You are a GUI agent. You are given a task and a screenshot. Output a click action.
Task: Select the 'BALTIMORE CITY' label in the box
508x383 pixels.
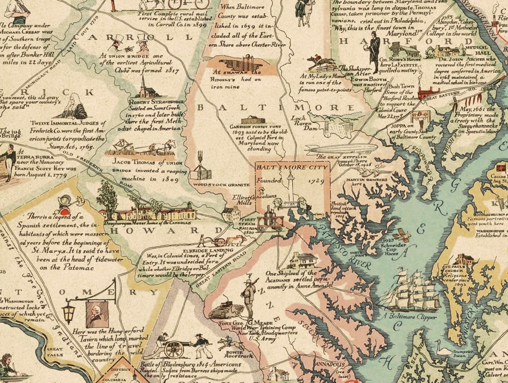click(x=292, y=167)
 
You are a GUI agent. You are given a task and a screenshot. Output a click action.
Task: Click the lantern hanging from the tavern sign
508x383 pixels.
click(x=68, y=312)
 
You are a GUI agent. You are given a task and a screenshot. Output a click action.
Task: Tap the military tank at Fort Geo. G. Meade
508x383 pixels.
click(x=226, y=310)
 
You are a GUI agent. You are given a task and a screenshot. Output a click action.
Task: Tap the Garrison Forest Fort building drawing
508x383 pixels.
click(x=253, y=120)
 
